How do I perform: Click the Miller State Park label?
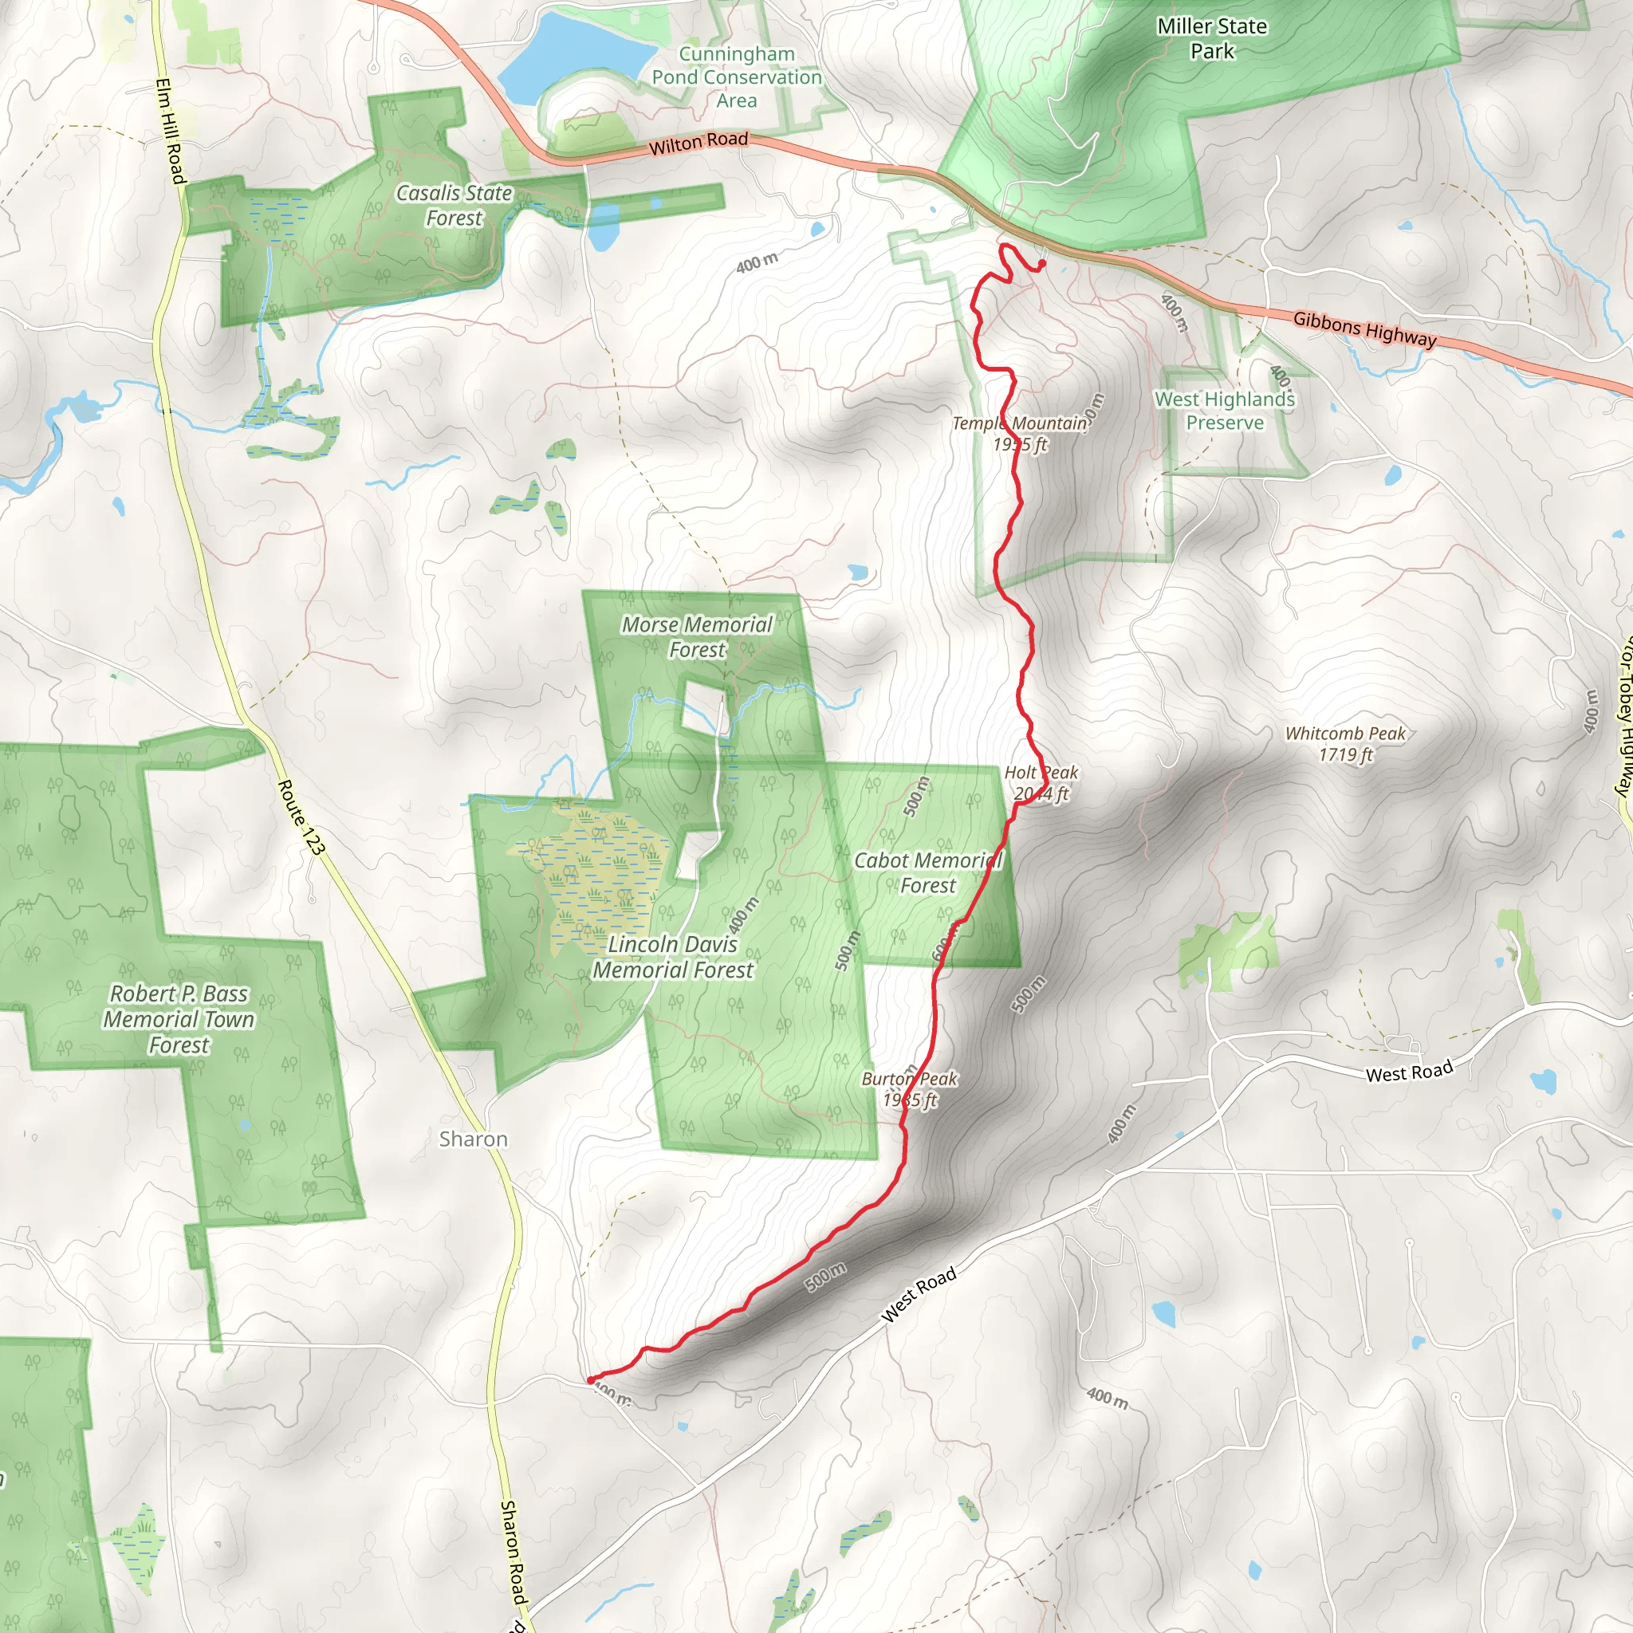[x=1211, y=39]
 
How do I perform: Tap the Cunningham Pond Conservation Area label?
[x=736, y=77]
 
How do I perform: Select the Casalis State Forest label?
[x=454, y=206]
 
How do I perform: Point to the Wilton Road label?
[x=698, y=143]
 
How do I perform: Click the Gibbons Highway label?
[x=1364, y=329]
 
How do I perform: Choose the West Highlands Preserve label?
[x=1225, y=411]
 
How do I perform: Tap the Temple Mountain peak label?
[x=1020, y=434]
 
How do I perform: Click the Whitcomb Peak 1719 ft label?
[x=1345, y=744]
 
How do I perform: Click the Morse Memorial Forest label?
[x=698, y=636]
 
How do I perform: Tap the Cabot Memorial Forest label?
[x=928, y=872]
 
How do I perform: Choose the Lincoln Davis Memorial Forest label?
[x=673, y=957]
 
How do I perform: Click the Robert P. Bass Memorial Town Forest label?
[x=179, y=1018]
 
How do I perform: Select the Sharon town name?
[x=474, y=1139]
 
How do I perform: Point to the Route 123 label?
[x=301, y=817]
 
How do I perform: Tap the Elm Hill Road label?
[x=170, y=131]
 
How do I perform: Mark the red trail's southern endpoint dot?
[x=590, y=1381]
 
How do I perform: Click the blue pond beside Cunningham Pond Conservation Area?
[x=575, y=55]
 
